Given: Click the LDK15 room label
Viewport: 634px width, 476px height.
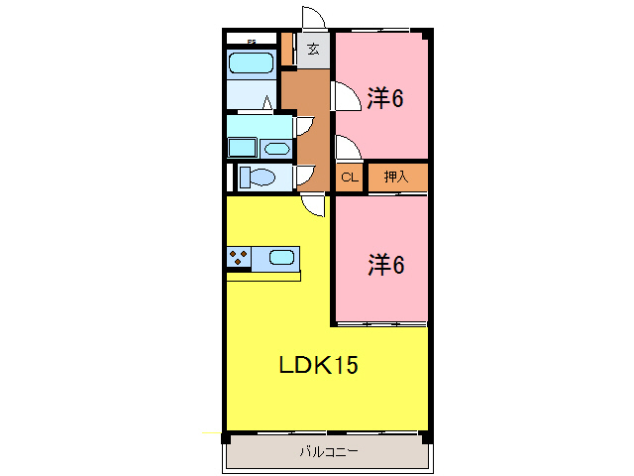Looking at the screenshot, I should pos(316,365).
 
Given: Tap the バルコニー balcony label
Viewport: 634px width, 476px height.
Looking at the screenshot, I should pos(328,453).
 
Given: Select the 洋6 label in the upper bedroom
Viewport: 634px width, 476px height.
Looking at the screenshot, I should pos(385,99).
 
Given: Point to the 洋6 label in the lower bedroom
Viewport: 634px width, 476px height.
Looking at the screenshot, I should pos(385,265).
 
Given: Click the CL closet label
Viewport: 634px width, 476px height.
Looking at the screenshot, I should pos(349,178).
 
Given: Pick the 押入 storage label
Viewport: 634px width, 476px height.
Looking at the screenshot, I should pos(395,178).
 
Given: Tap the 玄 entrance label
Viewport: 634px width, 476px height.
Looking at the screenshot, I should pos(313,49).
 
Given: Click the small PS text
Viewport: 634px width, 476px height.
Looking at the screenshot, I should pos(251,41).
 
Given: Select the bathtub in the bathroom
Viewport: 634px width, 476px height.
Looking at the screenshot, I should pos(251,64).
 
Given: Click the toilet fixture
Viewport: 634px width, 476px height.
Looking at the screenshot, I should pos(259,178).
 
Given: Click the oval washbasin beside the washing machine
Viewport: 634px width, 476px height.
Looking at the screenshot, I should pos(276,149).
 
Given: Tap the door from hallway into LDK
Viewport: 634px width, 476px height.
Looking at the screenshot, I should pos(314,205).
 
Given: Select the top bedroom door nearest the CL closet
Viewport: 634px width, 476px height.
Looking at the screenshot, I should pos(347,149).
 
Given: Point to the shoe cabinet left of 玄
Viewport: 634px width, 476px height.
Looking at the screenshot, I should pos(287,49).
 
